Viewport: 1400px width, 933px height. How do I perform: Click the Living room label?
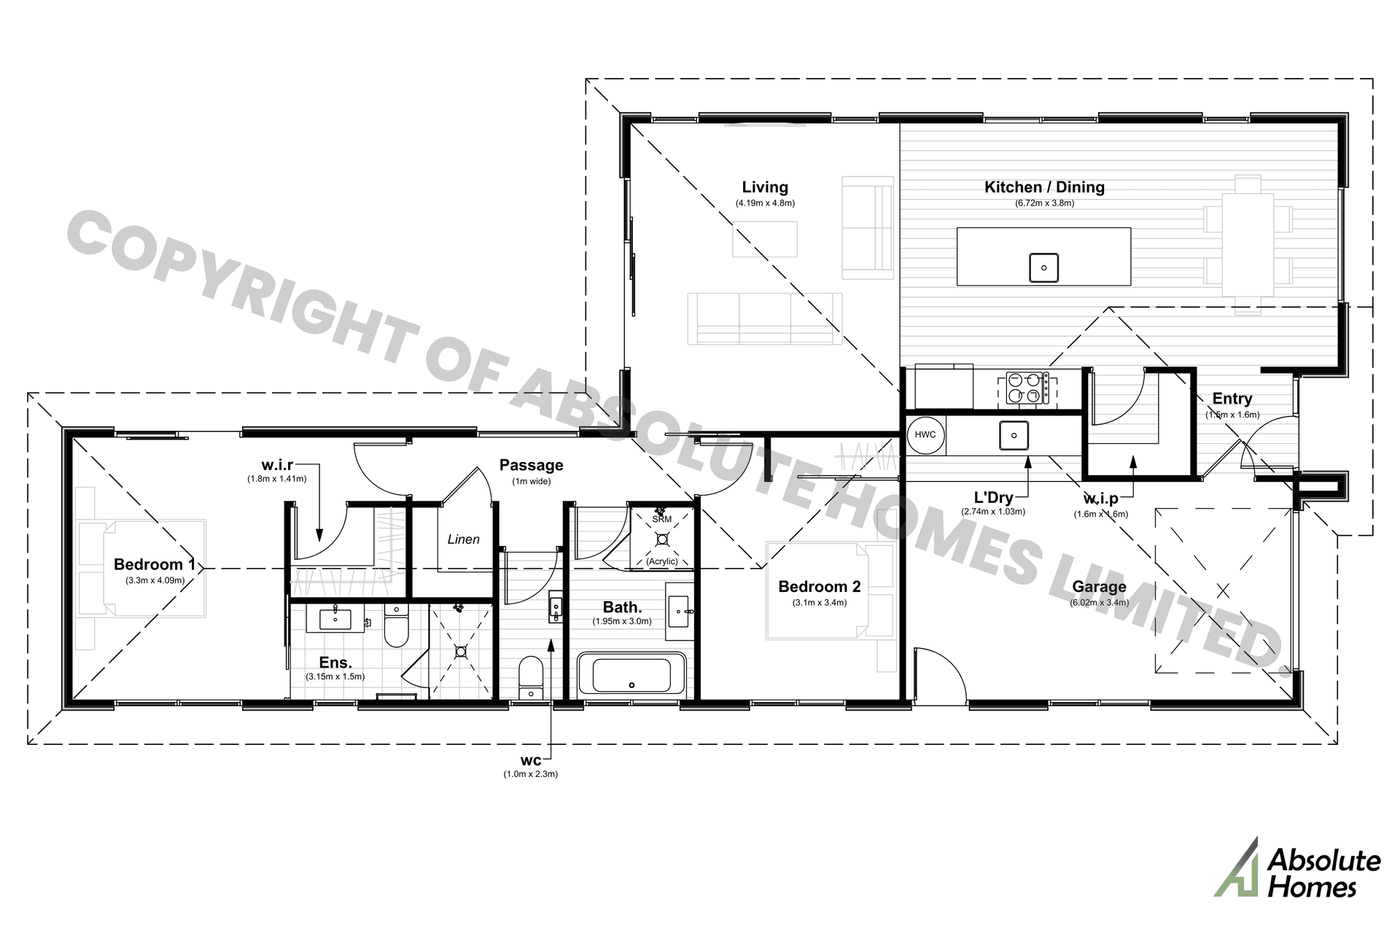(x=765, y=187)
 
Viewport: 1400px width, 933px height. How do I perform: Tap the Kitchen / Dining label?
(x=1044, y=187)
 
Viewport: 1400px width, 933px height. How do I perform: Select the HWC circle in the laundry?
(x=925, y=435)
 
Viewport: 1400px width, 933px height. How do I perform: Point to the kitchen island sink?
(x=1043, y=268)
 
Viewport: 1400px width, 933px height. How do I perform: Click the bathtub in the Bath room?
(x=631, y=675)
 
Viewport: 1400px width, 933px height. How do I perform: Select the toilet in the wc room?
(x=530, y=676)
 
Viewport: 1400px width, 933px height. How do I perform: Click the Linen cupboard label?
(x=464, y=539)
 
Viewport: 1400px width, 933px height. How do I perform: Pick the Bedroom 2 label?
(x=819, y=587)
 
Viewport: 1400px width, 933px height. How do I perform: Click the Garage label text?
(x=1099, y=587)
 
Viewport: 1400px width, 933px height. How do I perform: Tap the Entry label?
(x=1232, y=399)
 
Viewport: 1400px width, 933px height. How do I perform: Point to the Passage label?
(x=531, y=465)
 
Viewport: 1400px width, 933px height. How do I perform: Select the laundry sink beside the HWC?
(x=1014, y=436)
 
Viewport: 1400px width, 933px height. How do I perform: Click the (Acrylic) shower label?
(x=662, y=561)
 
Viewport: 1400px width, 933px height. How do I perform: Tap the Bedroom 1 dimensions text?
(x=155, y=581)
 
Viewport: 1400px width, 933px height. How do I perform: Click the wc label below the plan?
(x=531, y=761)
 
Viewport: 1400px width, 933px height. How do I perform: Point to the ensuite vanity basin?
(x=336, y=620)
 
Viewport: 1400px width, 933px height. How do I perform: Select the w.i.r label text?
(x=277, y=465)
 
